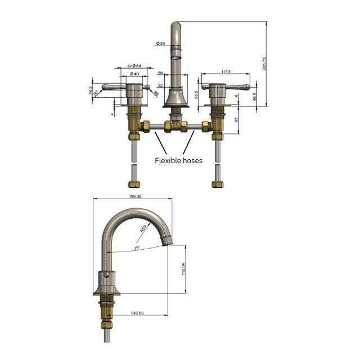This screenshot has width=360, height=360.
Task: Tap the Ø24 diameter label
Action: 161,43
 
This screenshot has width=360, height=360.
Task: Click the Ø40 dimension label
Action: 134,74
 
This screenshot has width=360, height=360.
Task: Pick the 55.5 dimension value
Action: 196,94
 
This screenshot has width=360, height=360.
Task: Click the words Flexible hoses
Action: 178,160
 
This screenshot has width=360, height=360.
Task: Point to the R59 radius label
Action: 143,229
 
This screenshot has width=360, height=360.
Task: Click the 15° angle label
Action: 137,247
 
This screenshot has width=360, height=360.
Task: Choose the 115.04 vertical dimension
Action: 183,269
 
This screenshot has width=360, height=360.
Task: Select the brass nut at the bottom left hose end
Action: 134,184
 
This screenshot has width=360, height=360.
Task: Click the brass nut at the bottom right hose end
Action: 217,184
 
